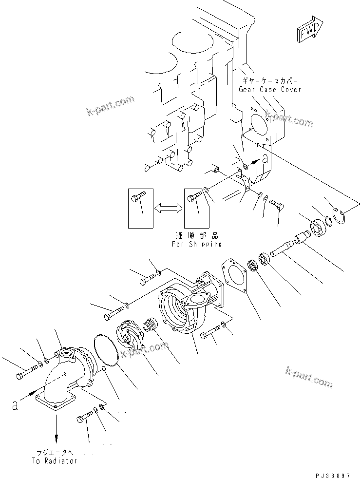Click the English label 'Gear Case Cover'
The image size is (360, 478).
pyautogui.click(x=269, y=89)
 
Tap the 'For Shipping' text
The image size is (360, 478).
pyautogui.click(x=196, y=244)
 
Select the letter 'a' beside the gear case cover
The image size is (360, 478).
pyautogui.click(x=265, y=158)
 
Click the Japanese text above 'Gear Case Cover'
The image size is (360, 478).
pyautogui.click(x=269, y=81)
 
